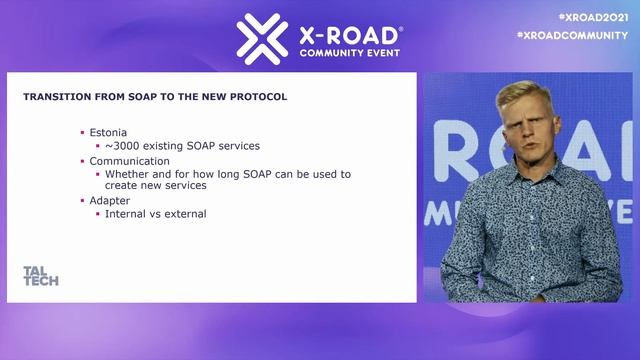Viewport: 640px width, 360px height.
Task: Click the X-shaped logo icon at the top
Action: [x=262, y=38]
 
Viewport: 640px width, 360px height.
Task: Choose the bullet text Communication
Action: [x=129, y=160]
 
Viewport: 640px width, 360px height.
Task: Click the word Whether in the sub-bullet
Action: [x=127, y=173]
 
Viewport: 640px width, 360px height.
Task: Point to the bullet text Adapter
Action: [x=109, y=199]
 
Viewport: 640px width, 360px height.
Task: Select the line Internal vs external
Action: [x=155, y=213]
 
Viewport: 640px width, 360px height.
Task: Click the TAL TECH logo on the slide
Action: [x=40, y=276]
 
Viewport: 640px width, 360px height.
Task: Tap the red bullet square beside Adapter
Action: [x=83, y=199]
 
